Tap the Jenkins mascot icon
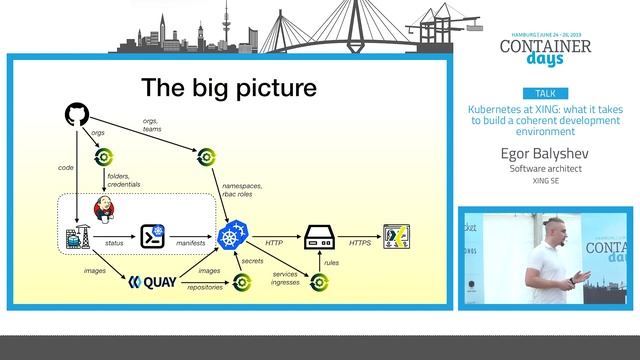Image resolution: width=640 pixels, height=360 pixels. click(x=103, y=207)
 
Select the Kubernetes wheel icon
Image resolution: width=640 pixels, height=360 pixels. click(x=232, y=238)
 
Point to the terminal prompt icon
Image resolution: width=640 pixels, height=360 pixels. click(x=152, y=237)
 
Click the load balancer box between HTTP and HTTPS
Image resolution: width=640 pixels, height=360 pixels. click(x=318, y=238)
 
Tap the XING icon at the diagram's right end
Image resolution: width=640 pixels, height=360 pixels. click(x=397, y=238)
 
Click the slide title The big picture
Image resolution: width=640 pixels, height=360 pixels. click(x=228, y=88)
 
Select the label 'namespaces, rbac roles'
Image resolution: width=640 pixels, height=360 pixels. click(x=243, y=189)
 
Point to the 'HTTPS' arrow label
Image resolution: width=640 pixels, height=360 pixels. click(x=360, y=243)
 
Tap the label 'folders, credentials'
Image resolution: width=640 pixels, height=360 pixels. click(x=124, y=181)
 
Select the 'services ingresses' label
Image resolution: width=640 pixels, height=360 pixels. click(x=286, y=279)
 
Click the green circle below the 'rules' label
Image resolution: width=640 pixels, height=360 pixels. click(x=319, y=282)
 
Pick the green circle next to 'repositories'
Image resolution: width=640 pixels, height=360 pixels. click(x=241, y=282)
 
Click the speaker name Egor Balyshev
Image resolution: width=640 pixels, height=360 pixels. click(x=545, y=154)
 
